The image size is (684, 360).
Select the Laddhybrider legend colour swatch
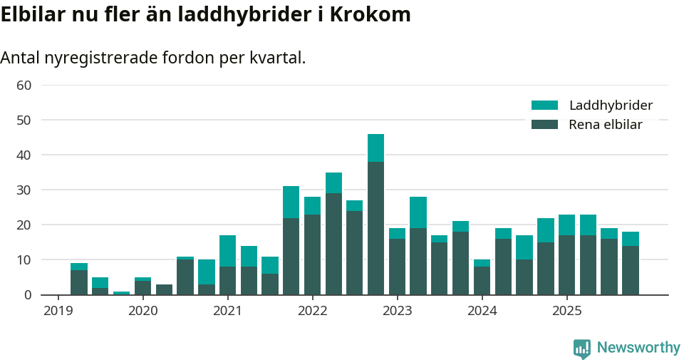coord(544,106)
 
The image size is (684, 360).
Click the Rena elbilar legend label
coord(606,125)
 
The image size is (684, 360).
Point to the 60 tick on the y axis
coord(24,86)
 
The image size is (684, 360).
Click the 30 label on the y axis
coord(24,190)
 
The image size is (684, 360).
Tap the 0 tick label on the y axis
coord(27,295)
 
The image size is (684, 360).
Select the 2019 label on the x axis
coord(58,311)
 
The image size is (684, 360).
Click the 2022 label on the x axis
coord(312,311)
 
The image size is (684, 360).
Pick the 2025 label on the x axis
coord(566,311)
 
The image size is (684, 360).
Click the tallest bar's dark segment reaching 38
coord(375,228)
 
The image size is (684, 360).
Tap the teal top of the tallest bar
coord(375,148)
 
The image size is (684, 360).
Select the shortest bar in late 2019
coord(121,293)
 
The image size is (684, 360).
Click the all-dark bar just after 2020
coord(164,289)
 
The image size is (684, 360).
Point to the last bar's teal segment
coord(630,239)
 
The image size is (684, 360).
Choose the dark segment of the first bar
coord(79,282)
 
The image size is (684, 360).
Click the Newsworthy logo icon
coord(582,349)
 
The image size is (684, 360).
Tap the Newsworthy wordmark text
coord(638,348)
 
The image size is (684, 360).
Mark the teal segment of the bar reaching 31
coord(291,202)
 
